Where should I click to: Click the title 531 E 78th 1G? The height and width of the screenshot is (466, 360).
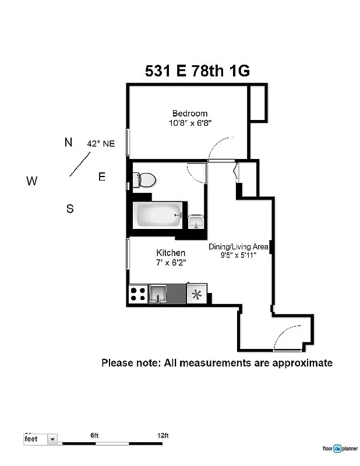point(197,71)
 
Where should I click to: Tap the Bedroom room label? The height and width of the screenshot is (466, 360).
point(189,113)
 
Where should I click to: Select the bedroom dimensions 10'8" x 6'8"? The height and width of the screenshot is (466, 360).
point(189,123)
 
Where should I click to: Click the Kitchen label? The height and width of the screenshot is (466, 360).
point(171,253)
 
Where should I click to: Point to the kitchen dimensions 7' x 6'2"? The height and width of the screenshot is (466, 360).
point(171,263)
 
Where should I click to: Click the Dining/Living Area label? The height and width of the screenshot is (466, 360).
point(238,246)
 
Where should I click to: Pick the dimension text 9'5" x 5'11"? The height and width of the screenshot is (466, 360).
point(238,255)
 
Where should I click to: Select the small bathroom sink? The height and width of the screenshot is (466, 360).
point(196,222)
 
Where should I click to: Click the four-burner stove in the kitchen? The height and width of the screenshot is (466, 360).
point(137,294)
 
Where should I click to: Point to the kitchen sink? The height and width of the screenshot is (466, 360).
point(158,294)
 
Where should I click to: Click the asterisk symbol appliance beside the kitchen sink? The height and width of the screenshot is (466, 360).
point(197,294)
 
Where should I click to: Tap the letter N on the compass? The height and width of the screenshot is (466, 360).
point(68,142)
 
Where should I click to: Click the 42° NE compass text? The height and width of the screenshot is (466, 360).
point(101,143)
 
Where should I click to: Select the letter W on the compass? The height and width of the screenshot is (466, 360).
point(31,181)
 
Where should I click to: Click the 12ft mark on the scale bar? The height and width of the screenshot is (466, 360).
point(163,436)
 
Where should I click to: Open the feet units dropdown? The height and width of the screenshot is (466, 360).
point(53,439)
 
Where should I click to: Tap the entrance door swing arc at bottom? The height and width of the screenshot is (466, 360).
point(290,338)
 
